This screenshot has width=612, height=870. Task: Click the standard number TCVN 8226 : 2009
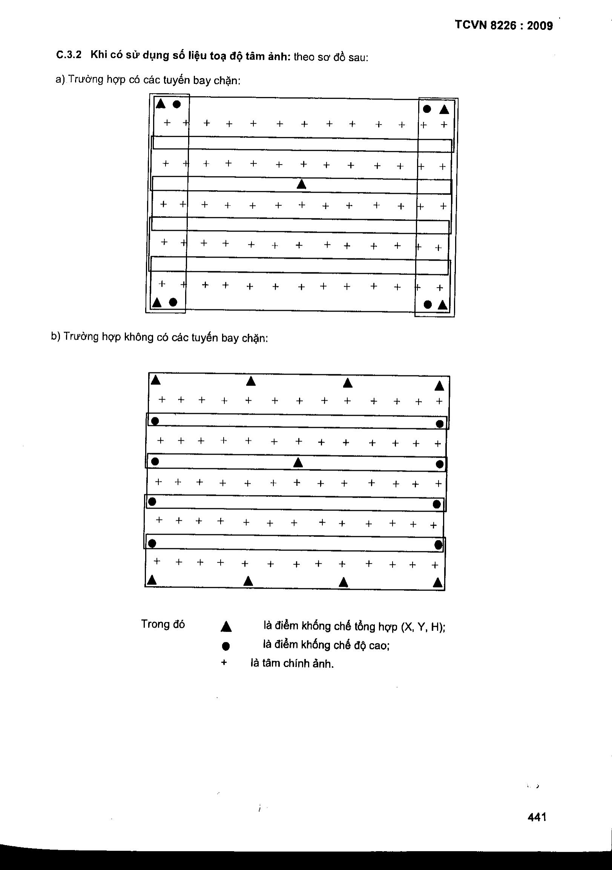point(503,25)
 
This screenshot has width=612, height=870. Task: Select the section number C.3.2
point(69,55)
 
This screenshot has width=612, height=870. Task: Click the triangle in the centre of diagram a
point(301,184)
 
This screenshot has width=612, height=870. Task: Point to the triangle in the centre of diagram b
point(298,463)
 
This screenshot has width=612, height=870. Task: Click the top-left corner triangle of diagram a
point(161,103)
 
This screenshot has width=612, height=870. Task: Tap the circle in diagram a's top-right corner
point(427,109)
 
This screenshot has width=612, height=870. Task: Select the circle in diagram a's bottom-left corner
point(173,302)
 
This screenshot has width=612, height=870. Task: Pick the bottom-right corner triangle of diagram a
point(442,305)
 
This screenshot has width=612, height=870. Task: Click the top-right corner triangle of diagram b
point(439,386)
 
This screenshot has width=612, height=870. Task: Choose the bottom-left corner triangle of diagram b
point(152,580)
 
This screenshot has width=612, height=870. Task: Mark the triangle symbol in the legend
point(226,627)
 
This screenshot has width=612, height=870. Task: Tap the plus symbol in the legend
point(224,663)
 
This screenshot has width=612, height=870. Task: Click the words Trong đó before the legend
point(163,624)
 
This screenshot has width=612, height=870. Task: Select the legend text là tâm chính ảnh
point(292,664)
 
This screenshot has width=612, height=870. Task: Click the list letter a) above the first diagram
point(60,80)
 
